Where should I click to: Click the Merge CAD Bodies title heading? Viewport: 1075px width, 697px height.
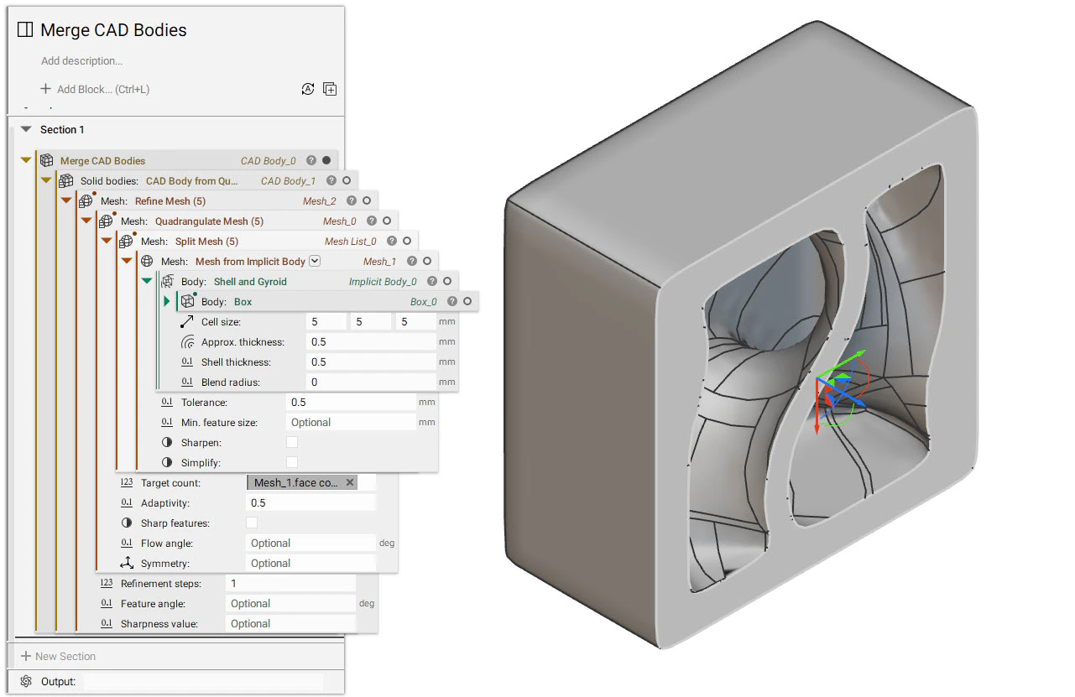click(x=113, y=30)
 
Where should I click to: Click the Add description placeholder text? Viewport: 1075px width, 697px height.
click(x=81, y=61)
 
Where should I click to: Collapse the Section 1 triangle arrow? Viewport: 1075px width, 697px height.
click(x=26, y=129)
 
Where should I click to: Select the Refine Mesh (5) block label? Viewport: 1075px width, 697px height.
click(x=170, y=201)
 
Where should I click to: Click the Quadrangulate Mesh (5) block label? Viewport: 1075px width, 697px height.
click(x=209, y=221)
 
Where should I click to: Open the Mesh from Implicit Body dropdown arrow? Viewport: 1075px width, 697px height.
click(x=315, y=261)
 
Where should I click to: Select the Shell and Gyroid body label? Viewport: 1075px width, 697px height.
click(x=250, y=282)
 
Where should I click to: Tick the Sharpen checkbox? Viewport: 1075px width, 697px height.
click(x=292, y=443)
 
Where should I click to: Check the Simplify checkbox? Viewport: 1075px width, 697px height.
click(x=292, y=463)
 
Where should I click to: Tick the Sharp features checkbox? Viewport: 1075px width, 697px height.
click(x=252, y=523)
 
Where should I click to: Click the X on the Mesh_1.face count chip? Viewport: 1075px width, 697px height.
click(x=350, y=482)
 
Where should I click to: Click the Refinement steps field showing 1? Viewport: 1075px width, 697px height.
click(x=290, y=584)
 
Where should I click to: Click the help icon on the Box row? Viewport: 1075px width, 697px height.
click(x=452, y=302)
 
